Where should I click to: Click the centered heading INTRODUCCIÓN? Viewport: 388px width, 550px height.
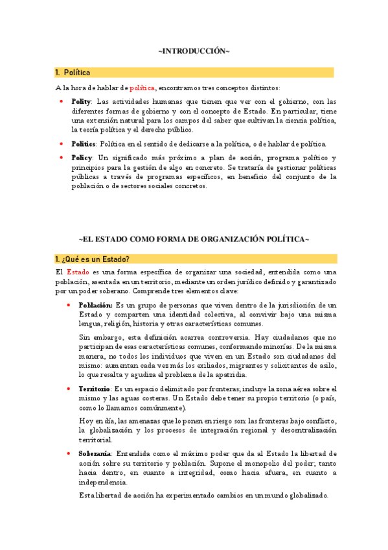pyautogui.click(x=194, y=51)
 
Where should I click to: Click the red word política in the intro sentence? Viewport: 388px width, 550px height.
pyautogui.click(x=143, y=88)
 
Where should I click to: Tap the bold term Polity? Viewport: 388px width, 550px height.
pyautogui.click(x=81, y=102)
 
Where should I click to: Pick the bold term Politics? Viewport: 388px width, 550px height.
pyautogui.click(x=84, y=143)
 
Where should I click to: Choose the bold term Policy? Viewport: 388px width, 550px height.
pyautogui.click(x=82, y=158)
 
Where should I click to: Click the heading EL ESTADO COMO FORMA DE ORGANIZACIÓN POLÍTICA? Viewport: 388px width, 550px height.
pyautogui.click(x=194, y=239)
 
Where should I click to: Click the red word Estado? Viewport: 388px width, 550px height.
pyautogui.click(x=78, y=272)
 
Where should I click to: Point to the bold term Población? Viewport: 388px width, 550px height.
pyautogui.click(x=95, y=305)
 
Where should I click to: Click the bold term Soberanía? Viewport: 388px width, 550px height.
pyautogui.click(x=95, y=452)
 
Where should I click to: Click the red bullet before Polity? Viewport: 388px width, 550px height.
pyautogui.click(x=61, y=102)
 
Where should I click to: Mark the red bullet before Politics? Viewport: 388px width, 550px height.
pyautogui.click(x=61, y=143)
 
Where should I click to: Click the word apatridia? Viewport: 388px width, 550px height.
pyautogui.click(x=226, y=375)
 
